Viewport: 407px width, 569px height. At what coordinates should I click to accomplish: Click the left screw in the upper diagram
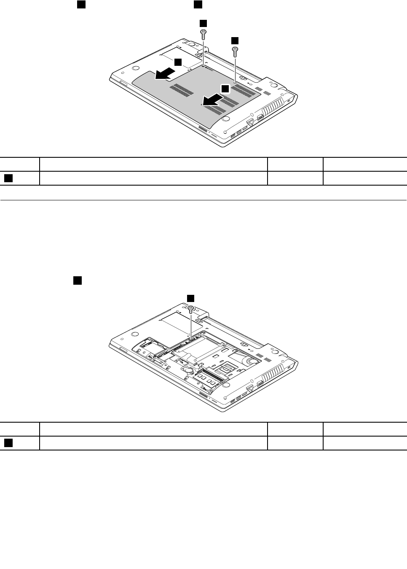pyautogui.click(x=203, y=34)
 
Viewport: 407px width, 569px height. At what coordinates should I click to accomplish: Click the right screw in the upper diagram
pyautogui.click(x=235, y=51)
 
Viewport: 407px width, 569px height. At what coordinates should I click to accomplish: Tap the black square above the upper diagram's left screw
pyautogui.click(x=203, y=23)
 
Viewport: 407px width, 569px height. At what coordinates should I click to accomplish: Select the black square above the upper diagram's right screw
pyautogui.click(x=235, y=40)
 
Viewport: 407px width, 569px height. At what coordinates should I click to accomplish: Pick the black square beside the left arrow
pyautogui.click(x=178, y=62)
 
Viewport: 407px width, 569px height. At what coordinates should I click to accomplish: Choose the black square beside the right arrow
pyautogui.click(x=225, y=89)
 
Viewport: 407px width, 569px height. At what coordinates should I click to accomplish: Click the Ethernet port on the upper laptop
pyautogui.click(x=250, y=121)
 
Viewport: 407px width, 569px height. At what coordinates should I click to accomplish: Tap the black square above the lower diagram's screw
pyautogui.click(x=191, y=297)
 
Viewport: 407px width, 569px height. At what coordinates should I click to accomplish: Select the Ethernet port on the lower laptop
pyautogui.click(x=250, y=387)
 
